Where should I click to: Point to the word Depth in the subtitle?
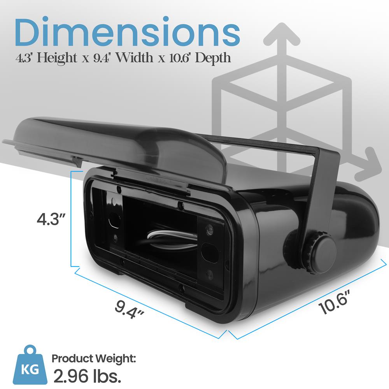[x=213, y=58]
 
